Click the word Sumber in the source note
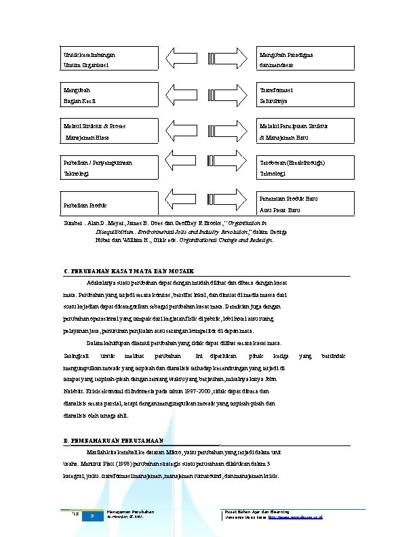(72, 222)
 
